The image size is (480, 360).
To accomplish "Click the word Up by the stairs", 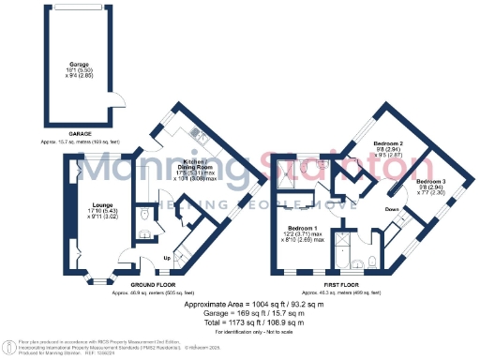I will coord(167,257).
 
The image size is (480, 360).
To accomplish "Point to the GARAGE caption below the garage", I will coord(65,133).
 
